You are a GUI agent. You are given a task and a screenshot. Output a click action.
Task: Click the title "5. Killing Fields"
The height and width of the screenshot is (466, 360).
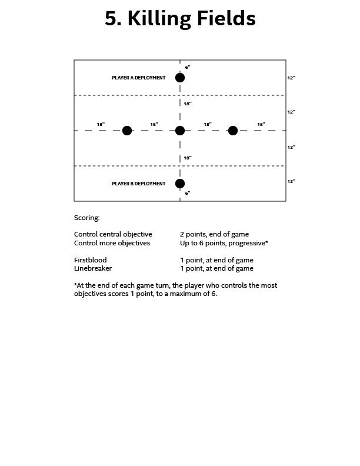click(x=180, y=19)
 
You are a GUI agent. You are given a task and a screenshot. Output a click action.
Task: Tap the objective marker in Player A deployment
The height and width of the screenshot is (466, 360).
click(x=180, y=78)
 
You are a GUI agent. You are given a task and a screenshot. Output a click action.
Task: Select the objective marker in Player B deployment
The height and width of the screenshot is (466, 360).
click(x=180, y=184)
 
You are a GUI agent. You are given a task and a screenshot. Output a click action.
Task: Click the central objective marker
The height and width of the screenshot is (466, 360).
click(x=180, y=131)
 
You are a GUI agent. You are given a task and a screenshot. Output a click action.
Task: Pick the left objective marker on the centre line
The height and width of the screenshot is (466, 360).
click(x=127, y=131)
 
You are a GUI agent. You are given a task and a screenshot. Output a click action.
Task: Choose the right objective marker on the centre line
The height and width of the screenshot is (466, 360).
click(x=233, y=131)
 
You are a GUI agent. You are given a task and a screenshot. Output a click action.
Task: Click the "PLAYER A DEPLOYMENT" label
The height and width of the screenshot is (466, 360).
click(x=139, y=78)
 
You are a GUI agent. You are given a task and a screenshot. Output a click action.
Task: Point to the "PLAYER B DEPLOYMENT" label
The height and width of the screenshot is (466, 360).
click(x=139, y=184)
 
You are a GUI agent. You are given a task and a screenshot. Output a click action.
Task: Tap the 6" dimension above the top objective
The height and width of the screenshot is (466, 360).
click(x=188, y=68)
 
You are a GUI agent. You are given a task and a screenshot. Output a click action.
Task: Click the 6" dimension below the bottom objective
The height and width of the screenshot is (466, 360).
click(x=188, y=193)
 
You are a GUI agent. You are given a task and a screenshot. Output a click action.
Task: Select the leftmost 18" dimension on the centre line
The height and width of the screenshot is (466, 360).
click(x=101, y=124)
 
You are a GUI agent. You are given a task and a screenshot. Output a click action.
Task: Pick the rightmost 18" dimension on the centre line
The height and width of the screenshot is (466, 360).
click(x=261, y=124)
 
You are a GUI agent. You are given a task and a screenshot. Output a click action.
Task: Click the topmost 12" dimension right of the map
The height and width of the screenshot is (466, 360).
click(x=291, y=78)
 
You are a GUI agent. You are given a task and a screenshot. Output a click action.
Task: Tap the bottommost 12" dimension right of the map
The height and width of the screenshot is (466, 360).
click(x=291, y=182)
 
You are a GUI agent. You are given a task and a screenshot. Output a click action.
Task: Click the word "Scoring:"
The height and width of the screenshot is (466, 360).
click(x=87, y=218)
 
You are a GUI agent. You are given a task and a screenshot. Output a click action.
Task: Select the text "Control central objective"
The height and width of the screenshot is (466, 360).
click(x=113, y=234)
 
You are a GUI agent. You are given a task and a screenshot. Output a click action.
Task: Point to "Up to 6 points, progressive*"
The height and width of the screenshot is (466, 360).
click(x=224, y=242)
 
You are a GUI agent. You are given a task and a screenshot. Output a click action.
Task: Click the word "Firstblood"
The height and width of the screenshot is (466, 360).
click(x=91, y=260)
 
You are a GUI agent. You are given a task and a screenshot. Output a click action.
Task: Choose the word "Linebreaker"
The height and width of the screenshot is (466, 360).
click(x=93, y=268)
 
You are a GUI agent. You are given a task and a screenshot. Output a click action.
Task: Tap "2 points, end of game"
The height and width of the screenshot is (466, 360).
click(x=214, y=234)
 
